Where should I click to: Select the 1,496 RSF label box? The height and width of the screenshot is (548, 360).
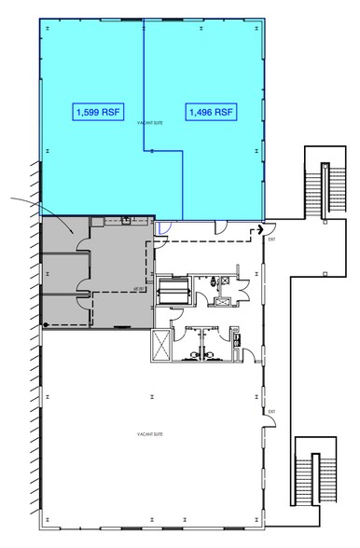(210, 112)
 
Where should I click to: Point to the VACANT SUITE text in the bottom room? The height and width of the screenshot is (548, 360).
(150, 434)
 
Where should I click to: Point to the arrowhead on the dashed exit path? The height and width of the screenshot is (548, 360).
(261, 229)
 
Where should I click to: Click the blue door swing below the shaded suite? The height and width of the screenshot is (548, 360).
(161, 227)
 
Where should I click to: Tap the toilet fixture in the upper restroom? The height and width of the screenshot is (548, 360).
(216, 281)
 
